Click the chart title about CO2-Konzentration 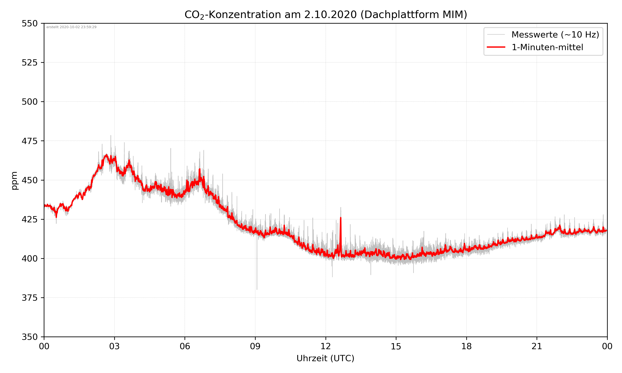tap(326, 15)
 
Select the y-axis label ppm tap(15, 180)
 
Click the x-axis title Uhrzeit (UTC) tap(325, 358)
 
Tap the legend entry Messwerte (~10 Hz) tap(555, 35)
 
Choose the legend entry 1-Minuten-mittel tap(547, 47)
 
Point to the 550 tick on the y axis tap(29, 23)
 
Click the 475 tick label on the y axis tap(29, 141)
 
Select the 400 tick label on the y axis tap(29, 259)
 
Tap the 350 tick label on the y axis tap(29, 337)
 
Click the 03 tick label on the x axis tap(114, 346)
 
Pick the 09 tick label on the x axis tap(255, 346)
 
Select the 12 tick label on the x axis tap(326, 346)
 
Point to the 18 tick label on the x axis tap(466, 346)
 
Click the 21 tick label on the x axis tap(537, 346)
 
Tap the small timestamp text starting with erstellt tap(71, 27)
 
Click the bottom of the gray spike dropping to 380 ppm tap(257, 289)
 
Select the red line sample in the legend tap(496, 47)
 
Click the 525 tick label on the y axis tap(29, 63)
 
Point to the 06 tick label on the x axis tap(185, 346)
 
